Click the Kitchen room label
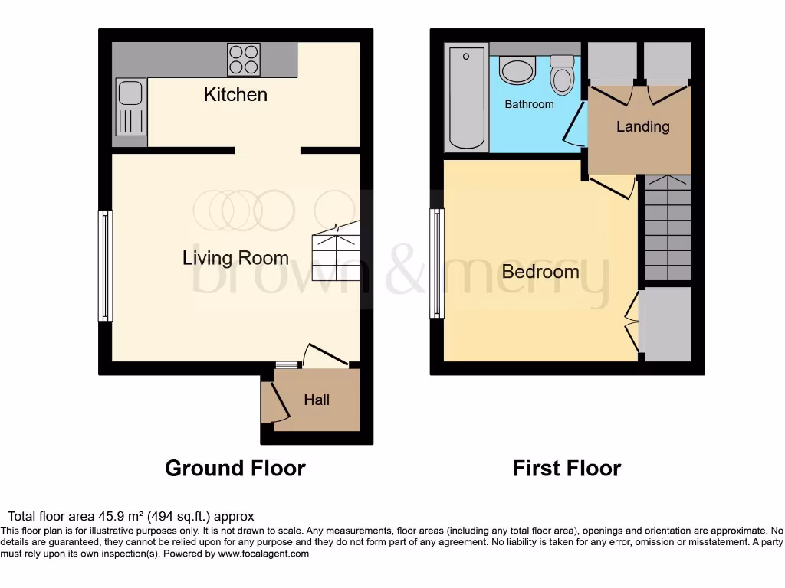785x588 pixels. (235, 94)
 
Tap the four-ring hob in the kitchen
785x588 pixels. (243, 59)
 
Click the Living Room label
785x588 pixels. (235, 258)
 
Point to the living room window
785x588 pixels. (105, 265)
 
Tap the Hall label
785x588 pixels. (317, 400)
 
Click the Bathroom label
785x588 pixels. (529, 104)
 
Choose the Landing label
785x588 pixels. (642, 126)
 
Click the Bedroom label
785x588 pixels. (540, 271)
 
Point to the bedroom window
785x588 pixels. (437, 263)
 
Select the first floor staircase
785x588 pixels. (668, 227)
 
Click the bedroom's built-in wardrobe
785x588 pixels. (665, 324)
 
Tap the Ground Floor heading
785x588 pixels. (235, 468)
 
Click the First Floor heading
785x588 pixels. (567, 468)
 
